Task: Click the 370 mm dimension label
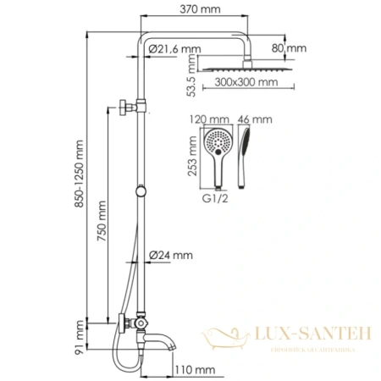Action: coord(190,8)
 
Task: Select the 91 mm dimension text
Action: coord(80,332)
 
